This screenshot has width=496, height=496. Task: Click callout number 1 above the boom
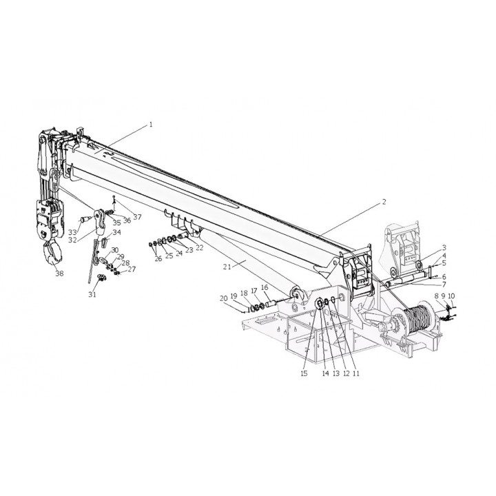151,125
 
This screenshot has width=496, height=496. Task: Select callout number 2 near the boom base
384,202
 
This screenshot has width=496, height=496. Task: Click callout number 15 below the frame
304,373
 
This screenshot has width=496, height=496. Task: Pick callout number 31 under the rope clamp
92,295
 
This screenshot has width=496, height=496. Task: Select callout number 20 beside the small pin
224,298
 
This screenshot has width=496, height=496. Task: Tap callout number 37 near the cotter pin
137,217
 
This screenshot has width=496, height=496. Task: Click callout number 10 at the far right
451,296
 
